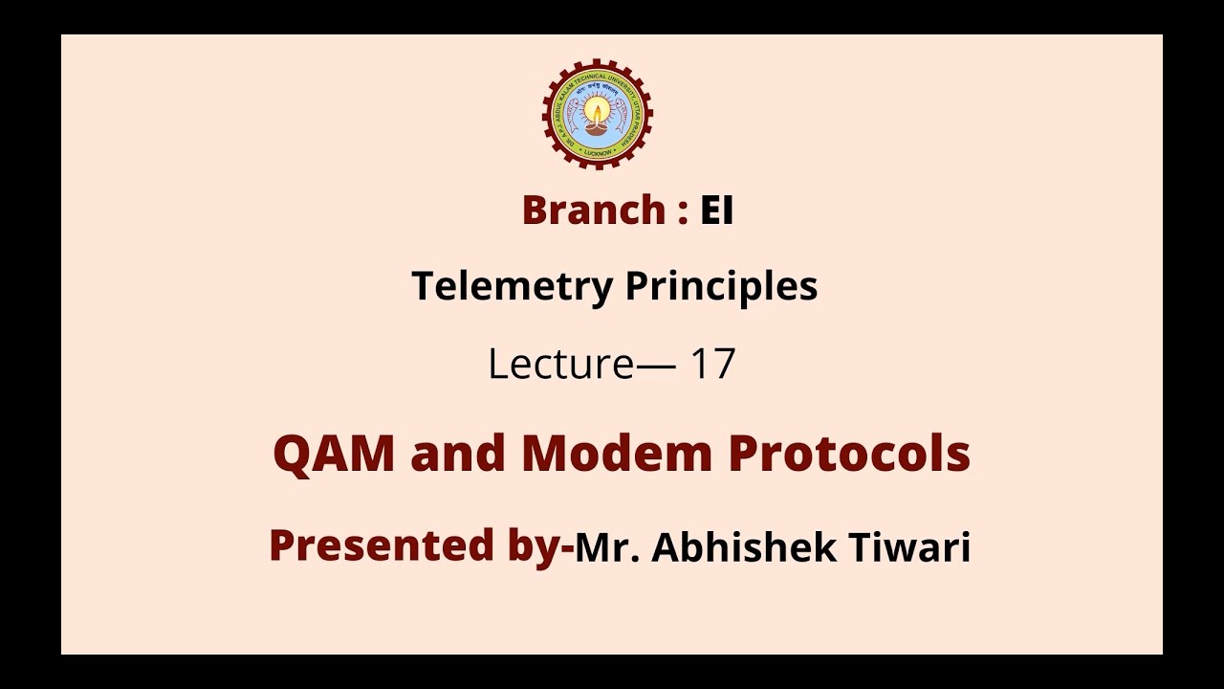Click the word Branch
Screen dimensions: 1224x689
pyautogui.click(x=593, y=211)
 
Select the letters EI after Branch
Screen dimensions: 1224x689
pyautogui.click(x=716, y=211)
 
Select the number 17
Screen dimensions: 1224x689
pyautogui.click(x=711, y=365)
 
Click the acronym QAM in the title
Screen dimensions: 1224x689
pyautogui.click(x=334, y=454)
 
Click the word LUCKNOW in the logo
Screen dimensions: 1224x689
pyautogui.click(x=598, y=152)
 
